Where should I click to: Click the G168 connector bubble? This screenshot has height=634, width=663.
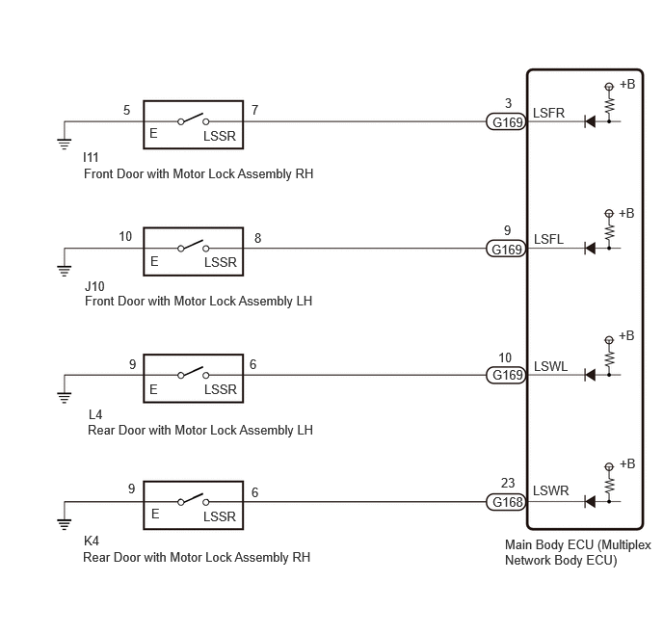click(x=506, y=502)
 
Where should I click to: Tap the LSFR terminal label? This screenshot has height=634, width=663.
click(x=548, y=113)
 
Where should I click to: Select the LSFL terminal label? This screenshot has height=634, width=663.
click(x=548, y=239)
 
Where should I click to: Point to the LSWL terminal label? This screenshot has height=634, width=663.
click(x=550, y=366)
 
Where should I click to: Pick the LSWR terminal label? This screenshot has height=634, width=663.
click(x=550, y=490)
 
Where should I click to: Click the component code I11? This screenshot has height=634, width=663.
click(x=91, y=157)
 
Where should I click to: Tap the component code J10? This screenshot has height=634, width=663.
click(x=94, y=286)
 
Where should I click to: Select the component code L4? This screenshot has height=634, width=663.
click(x=95, y=414)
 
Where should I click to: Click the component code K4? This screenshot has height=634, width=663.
click(x=92, y=541)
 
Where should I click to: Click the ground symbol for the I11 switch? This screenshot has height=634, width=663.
click(x=65, y=144)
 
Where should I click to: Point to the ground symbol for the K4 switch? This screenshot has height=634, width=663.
click(x=65, y=524)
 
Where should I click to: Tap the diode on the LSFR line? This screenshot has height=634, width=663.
click(x=590, y=121)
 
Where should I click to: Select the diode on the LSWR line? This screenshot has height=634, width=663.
click(x=590, y=502)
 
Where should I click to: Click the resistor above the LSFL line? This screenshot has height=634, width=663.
click(x=609, y=231)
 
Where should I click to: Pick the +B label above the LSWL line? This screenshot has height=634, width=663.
click(x=626, y=335)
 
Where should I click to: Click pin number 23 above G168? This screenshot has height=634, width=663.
click(x=508, y=483)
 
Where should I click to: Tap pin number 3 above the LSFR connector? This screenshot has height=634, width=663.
click(x=508, y=103)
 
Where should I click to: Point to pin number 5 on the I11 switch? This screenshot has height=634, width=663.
click(x=126, y=110)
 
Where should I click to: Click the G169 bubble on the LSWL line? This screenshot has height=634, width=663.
click(x=506, y=375)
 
